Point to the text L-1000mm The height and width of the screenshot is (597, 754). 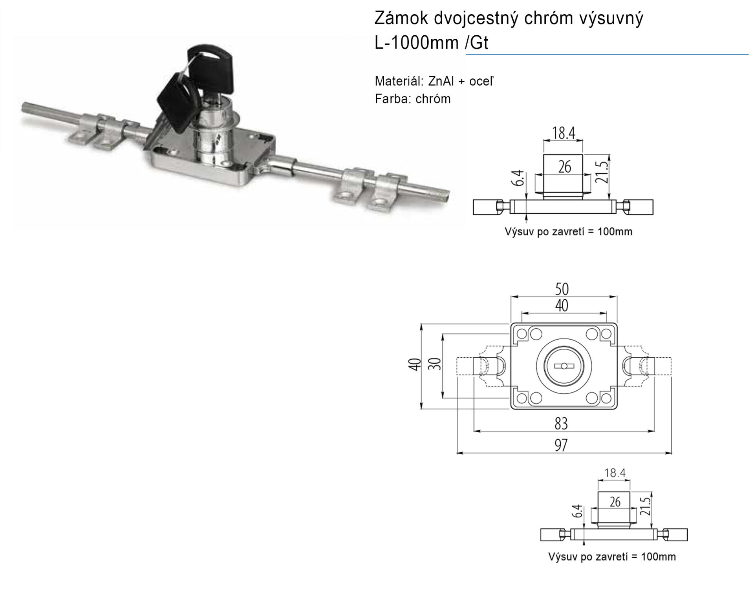point(417,43)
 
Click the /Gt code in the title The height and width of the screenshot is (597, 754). point(477,43)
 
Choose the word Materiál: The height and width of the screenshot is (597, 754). point(399,81)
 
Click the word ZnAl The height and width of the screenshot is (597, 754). point(441,81)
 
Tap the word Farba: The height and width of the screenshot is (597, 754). point(393,99)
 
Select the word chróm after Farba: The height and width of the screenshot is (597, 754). point(433,99)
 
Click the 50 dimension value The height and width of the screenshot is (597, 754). point(562,289)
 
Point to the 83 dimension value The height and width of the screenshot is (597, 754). point(561,424)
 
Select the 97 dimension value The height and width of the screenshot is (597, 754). point(561,445)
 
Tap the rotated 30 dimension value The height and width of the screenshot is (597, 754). point(435,364)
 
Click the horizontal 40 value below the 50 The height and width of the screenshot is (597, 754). point(562,306)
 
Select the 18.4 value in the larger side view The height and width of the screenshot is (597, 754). point(564,133)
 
